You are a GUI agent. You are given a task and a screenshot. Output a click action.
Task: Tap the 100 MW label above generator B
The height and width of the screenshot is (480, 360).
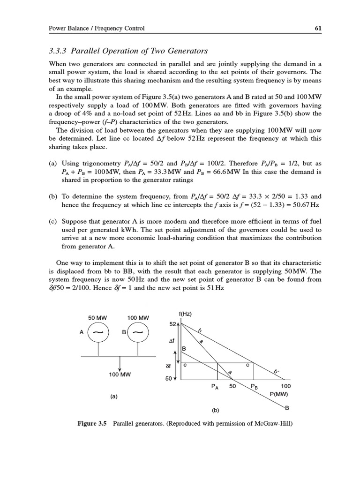(x=138, y=318)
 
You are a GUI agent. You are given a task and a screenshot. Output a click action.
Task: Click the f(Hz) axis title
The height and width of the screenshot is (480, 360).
(x=186, y=314)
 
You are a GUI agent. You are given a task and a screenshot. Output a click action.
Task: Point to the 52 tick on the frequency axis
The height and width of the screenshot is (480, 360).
(x=172, y=324)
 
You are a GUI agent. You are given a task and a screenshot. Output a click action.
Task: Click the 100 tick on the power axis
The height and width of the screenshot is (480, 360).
(x=285, y=387)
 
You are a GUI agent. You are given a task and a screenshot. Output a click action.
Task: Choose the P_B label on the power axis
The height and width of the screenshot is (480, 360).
(x=254, y=387)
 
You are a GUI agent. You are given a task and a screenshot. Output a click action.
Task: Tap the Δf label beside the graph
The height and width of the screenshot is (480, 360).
(x=172, y=342)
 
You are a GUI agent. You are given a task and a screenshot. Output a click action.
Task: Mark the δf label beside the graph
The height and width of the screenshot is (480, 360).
(x=169, y=366)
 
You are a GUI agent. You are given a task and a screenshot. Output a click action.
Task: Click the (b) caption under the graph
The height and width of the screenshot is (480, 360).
(x=215, y=410)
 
